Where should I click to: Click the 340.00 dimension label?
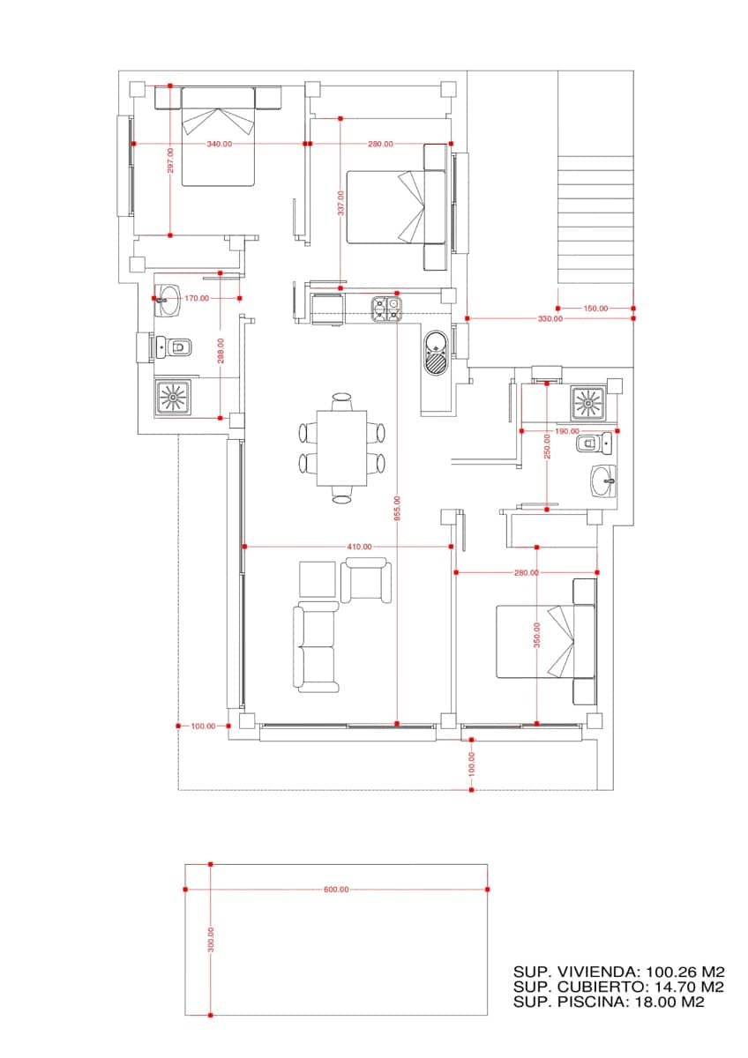pyautogui.click(x=220, y=144)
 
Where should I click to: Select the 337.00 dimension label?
pyautogui.click(x=340, y=203)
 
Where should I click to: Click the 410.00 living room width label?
pyautogui.click(x=359, y=548)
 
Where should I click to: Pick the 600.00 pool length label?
pyautogui.click(x=336, y=890)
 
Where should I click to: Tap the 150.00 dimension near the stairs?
pyautogui.click(x=596, y=308)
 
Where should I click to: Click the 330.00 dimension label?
pyautogui.click(x=550, y=318)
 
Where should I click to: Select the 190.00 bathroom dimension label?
pyautogui.click(x=566, y=431)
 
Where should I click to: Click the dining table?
pyautogui.click(x=342, y=448)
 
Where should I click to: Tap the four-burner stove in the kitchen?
pyautogui.click(x=385, y=309)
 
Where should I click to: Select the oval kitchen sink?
pyautogui.click(x=437, y=354)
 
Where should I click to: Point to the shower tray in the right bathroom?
pyautogui.click(x=587, y=403)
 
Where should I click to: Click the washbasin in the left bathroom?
pyautogui.click(x=168, y=299)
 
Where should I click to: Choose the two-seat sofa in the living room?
pyautogui.click(x=315, y=647)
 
